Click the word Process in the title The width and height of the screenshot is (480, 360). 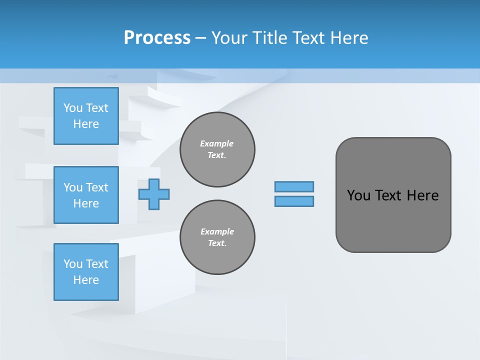coord(157,38)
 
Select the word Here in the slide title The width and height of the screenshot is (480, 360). coord(349,38)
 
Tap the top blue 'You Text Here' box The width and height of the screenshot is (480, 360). coord(86,116)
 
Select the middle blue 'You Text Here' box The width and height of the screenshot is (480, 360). coord(86,195)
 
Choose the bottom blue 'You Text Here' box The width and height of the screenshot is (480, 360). coord(86,272)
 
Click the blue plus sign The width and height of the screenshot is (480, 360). coord(154,194)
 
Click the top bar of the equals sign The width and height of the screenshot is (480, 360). coord(294,186)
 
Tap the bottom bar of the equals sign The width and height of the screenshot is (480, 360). coord(294,201)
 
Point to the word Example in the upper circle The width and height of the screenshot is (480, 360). coord(217,143)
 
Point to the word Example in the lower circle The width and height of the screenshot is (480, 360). coord(217,231)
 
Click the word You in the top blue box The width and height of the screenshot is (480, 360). coord(73,108)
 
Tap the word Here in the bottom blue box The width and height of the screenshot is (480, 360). coord(86,280)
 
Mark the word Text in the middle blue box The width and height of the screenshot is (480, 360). coord(96,187)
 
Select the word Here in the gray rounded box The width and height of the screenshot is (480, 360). coord(422,195)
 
